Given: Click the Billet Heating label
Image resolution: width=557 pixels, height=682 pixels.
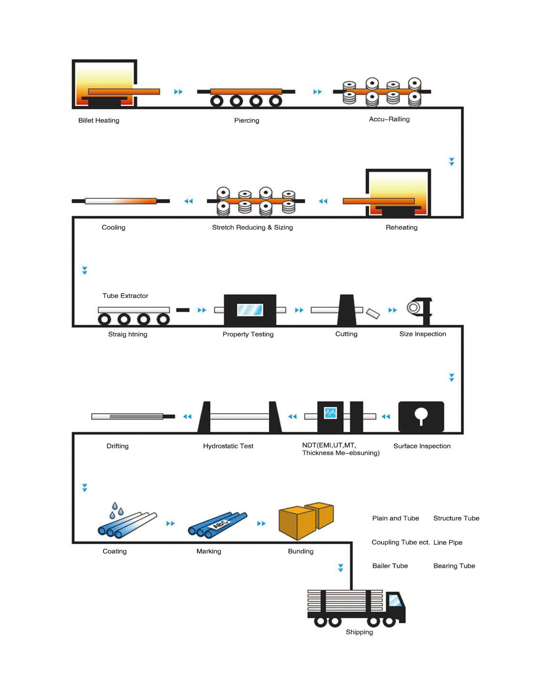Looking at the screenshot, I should coord(99,121).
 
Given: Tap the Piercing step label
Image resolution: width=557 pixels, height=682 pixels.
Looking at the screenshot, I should coord(247,121).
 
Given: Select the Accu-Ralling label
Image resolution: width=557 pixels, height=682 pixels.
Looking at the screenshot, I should coord(389,119).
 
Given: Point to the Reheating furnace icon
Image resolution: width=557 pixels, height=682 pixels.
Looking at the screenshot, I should coord(398,193).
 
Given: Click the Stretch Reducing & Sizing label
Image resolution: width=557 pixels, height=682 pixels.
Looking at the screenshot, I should coord(252,227).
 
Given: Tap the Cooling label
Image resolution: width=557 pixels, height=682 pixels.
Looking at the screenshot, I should coord(113,227).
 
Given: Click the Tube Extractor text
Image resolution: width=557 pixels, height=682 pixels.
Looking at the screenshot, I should coord(125,296).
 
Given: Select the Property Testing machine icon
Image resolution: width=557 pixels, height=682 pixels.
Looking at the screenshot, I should coord(250,310).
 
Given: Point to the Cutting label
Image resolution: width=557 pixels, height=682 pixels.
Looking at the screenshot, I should coord(346,334).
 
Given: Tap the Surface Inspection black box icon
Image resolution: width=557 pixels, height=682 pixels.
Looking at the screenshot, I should coord(421,416).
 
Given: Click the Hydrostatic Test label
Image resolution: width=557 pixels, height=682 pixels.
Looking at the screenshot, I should coord(228,446).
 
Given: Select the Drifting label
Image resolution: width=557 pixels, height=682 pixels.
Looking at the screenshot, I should coord(117,446).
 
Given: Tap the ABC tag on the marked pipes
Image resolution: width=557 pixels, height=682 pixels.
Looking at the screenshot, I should coord(220,524).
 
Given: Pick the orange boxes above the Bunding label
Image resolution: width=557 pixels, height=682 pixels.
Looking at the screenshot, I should coord(306,520).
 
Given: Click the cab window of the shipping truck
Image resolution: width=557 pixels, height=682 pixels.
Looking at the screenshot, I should coord(395,599).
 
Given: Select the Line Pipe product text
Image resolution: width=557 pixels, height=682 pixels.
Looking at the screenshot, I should coord(448,542).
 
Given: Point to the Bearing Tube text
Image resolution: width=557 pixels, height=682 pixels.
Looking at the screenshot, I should coord(454,566).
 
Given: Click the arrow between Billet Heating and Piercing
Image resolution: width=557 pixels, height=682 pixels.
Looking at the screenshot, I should coord(178,92).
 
